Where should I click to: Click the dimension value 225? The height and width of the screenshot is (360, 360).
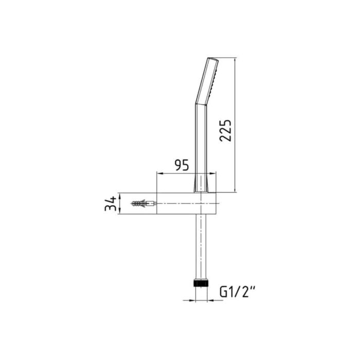coord(225,131)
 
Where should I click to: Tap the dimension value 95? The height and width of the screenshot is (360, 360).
coord(182,165)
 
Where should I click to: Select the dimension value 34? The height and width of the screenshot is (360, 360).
coord(111,204)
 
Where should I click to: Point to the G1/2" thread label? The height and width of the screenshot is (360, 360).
coord(237,292)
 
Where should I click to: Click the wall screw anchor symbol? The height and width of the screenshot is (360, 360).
coord(144,203)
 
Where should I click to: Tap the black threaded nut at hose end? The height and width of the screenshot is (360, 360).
coord(201,283)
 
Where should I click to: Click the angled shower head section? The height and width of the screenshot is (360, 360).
coord(207,81)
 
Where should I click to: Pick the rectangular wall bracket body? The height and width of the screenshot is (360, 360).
coord(186,204)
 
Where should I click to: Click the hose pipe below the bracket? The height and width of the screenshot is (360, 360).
coord(201,247)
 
